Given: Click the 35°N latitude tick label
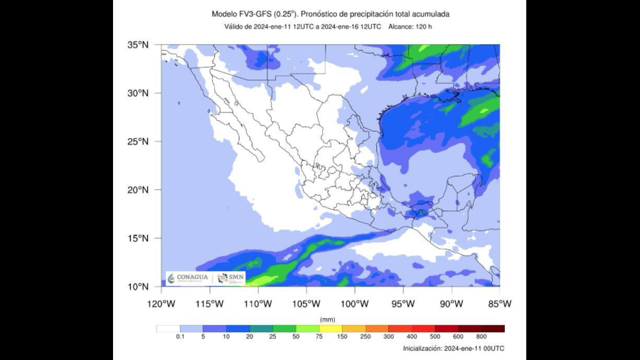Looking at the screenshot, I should pyautogui.click(x=138, y=45).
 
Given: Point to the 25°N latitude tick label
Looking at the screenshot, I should pyautogui.click(x=138, y=142).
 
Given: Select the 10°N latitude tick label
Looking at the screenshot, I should pyautogui.click(x=138, y=287).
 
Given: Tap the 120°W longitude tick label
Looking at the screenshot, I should pyautogui.click(x=161, y=304).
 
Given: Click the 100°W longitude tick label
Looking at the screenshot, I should pyautogui.click(x=355, y=304).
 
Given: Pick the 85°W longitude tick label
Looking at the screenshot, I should pyautogui.click(x=500, y=304).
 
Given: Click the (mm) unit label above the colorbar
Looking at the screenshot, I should pyautogui.click(x=328, y=319).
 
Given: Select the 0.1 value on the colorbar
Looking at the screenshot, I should pyautogui.click(x=180, y=337).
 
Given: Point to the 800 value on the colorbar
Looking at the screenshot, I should pyautogui.click(x=481, y=337).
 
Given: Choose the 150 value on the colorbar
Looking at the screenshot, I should pyautogui.click(x=342, y=337).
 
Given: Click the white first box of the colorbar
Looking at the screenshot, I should pyautogui.click(x=168, y=329).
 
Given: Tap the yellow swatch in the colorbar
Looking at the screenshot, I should pyautogui.click(x=331, y=329).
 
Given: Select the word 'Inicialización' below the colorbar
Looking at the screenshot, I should pyautogui.click(x=422, y=349).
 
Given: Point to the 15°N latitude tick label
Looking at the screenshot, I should pyautogui.click(x=138, y=238).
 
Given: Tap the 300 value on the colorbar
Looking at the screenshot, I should pyautogui.click(x=388, y=337).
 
